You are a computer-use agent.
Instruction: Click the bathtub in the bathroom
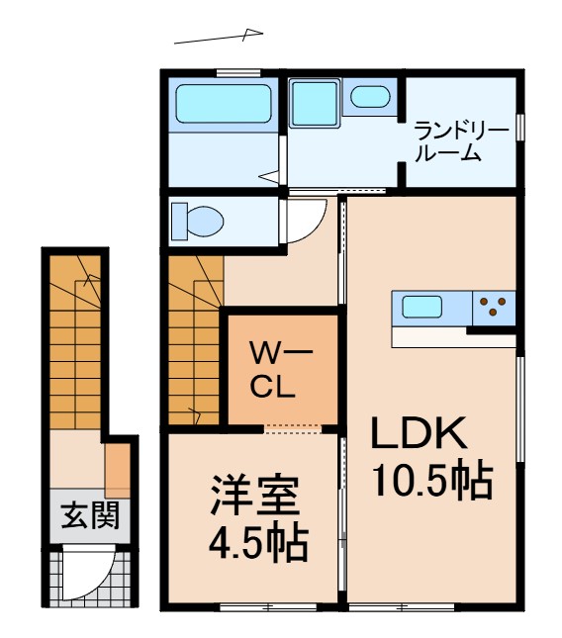223,104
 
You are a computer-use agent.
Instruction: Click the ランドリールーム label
460,141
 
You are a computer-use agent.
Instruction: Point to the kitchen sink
421,308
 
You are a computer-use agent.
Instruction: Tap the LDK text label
418,433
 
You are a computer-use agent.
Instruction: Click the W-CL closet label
280,368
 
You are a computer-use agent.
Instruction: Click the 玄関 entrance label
90,515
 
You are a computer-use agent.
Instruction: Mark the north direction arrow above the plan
219,38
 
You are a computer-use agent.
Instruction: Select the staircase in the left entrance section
75,341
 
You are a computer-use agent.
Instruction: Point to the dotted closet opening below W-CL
293,428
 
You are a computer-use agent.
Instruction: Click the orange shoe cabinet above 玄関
117,471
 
